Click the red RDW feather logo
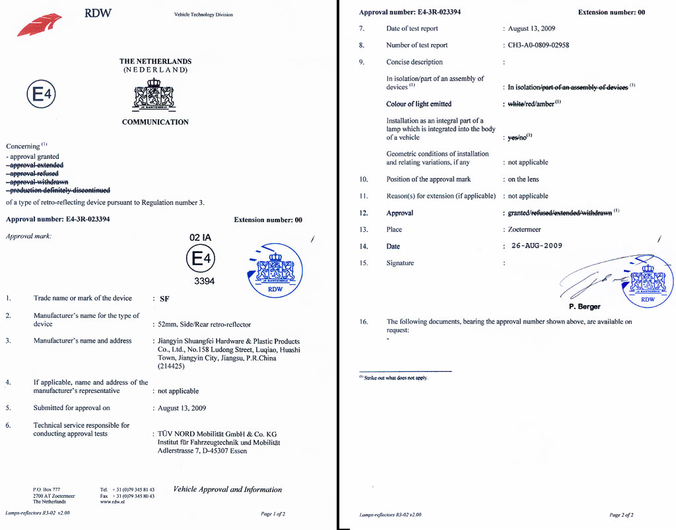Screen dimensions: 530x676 click(x=41, y=26)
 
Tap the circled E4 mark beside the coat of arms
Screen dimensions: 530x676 click(x=42, y=96)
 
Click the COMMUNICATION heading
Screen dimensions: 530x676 click(x=155, y=122)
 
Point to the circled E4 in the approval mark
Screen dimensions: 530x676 click(x=201, y=259)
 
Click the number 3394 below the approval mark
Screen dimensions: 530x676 click(x=204, y=281)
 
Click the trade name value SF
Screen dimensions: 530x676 click(x=164, y=299)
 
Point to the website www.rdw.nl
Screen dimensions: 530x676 click(x=114, y=502)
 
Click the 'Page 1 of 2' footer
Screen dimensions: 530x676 click(x=273, y=514)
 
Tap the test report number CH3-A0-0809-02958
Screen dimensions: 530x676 click(x=538, y=45)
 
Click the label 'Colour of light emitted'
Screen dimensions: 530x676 click(x=419, y=104)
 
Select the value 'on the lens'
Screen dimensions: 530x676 click(x=523, y=179)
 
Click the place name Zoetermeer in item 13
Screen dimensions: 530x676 click(x=525, y=229)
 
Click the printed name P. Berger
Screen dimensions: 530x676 click(x=584, y=307)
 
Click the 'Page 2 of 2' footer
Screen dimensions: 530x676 click(x=621, y=515)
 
